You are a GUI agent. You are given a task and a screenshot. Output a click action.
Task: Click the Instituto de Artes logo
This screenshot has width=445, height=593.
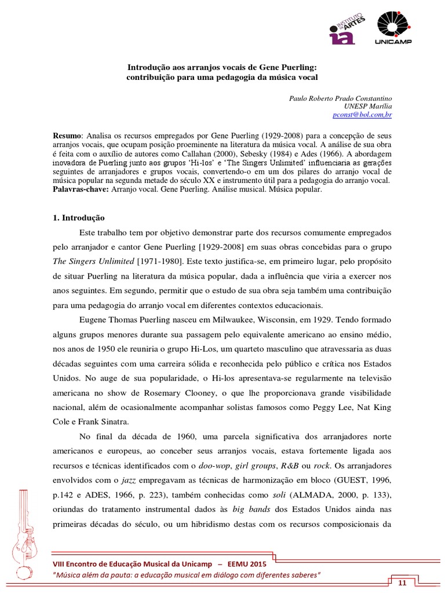(x=347, y=29)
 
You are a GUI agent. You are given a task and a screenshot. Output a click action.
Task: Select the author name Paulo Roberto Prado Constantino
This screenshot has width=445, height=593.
(x=340, y=98)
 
